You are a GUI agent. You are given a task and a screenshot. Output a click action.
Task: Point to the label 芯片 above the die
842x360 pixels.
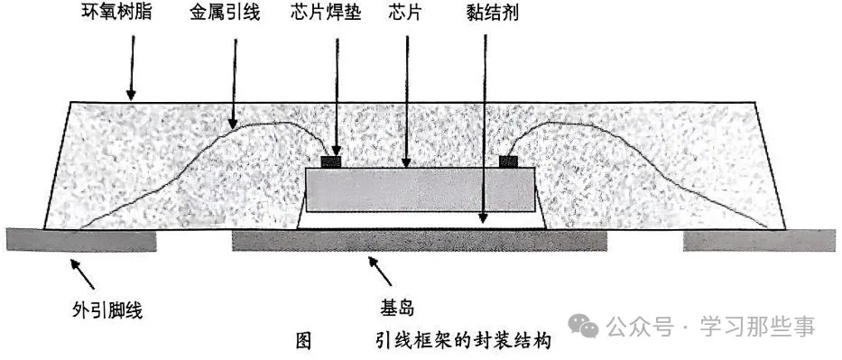coord(405,14)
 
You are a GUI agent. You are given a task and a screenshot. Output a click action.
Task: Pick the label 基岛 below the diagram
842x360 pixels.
coord(395,309)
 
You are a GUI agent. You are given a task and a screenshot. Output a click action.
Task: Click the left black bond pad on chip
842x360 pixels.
coord(334,162)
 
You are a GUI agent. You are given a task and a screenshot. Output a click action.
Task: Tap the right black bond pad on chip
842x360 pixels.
coord(509,162)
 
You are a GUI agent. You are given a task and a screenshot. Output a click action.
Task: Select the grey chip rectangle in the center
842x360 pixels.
coord(421,189)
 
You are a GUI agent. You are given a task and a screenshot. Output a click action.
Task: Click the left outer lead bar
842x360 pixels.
coord(81,240)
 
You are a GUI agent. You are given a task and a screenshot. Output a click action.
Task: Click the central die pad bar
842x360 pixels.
coord(420,240)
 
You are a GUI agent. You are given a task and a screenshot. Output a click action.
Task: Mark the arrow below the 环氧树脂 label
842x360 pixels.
coord(130,69)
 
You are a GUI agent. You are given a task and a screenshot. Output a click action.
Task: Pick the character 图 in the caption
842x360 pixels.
coord(303,342)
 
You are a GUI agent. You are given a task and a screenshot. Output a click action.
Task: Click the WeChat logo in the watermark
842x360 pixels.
coord(588,326)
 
